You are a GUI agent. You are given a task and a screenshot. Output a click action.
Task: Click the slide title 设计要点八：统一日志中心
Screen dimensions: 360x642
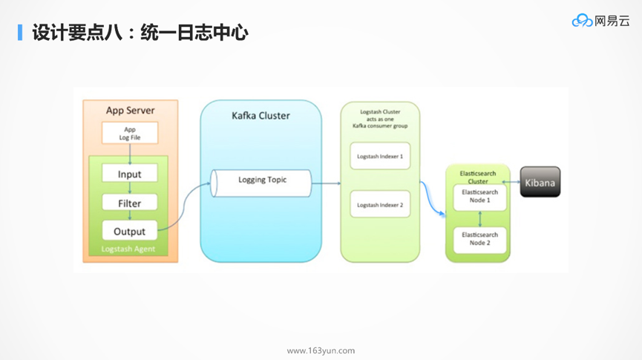[x=140, y=33]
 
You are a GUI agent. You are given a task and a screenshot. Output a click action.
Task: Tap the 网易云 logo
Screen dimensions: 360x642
[x=600, y=21]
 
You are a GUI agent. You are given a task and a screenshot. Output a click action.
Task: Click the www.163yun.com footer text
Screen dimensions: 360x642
[x=321, y=350]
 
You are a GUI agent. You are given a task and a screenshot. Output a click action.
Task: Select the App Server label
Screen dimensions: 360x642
[x=131, y=111]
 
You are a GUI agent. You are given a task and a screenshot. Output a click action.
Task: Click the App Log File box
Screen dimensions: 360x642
[x=130, y=134]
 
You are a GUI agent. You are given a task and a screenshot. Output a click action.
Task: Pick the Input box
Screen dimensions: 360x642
[x=130, y=174]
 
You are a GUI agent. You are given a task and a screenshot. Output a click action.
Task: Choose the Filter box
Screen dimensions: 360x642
[x=130, y=203]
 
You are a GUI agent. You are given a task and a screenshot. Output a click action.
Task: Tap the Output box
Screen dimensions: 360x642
[x=130, y=231]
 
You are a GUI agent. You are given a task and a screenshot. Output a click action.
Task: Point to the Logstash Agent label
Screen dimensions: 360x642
[x=128, y=249]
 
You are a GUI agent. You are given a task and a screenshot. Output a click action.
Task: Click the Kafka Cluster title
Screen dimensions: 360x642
[x=261, y=116]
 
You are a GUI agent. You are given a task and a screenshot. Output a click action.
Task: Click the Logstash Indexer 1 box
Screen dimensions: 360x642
[x=380, y=157]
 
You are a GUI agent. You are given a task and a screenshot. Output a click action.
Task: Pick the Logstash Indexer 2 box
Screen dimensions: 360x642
[x=380, y=205]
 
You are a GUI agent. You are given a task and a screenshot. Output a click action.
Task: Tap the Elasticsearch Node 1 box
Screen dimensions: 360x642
[x=480, y=197]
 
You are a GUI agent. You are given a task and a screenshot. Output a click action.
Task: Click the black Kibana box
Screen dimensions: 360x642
[x=540, y=182]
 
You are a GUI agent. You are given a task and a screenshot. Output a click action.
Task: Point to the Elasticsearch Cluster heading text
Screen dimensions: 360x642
[x=478, y=177]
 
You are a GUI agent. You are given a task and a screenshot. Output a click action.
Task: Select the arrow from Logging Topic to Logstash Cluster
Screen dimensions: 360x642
[x=325, y=183]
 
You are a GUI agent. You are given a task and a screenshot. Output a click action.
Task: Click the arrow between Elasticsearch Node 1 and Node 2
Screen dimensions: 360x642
[x=480, y=218]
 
